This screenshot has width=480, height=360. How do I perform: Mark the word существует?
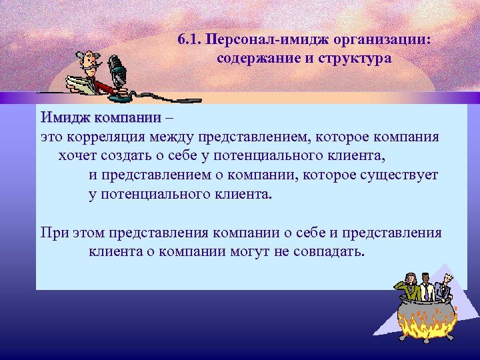[401, 176]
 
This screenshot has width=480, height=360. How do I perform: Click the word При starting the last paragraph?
[53, 233]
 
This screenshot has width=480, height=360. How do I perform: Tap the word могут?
[247, 253]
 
